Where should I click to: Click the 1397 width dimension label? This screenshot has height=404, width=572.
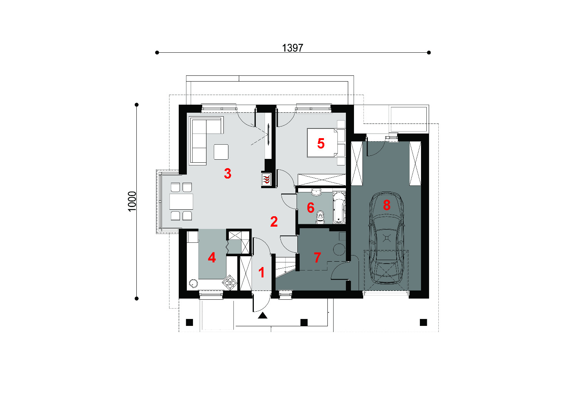tap(292, 48)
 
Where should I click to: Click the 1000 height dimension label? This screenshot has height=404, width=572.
tap(132, 201)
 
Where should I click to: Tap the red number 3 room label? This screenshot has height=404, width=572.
tap(228, 174)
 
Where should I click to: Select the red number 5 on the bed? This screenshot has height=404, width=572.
tap(321, 144)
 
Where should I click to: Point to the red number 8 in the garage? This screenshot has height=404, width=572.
tap(387, 205)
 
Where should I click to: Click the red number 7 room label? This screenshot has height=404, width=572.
tap(317, 258)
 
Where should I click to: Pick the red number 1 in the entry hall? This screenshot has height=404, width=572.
tap(261, 272)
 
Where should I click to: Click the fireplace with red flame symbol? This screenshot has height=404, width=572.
tap(266, 179)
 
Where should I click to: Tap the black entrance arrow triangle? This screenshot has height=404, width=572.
tap(263, 316)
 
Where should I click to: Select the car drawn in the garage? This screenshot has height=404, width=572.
tap(387, 238)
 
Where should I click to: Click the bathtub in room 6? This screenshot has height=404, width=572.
tap(339, 207)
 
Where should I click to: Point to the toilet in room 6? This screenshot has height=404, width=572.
tap(320, 217)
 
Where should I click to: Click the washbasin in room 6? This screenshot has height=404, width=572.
tap(316, 192)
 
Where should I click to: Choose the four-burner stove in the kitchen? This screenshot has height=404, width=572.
tap(230, 282)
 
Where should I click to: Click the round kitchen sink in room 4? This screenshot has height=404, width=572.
tap(193, 283)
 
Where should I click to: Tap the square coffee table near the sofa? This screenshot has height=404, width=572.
tap(221, 152)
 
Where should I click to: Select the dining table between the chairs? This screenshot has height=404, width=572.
tap(181, 202)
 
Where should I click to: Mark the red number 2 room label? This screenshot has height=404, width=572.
tap(274, 221)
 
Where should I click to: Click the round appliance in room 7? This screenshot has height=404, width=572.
tap(339, 249)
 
